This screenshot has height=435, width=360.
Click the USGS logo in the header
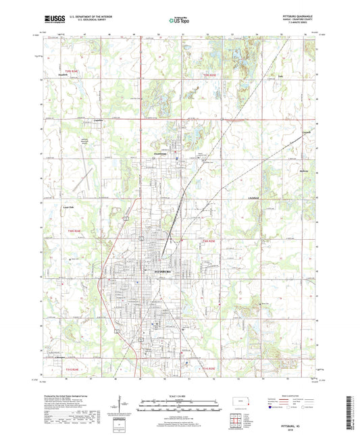(53, 20)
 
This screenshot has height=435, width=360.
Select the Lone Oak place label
(68, 207)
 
